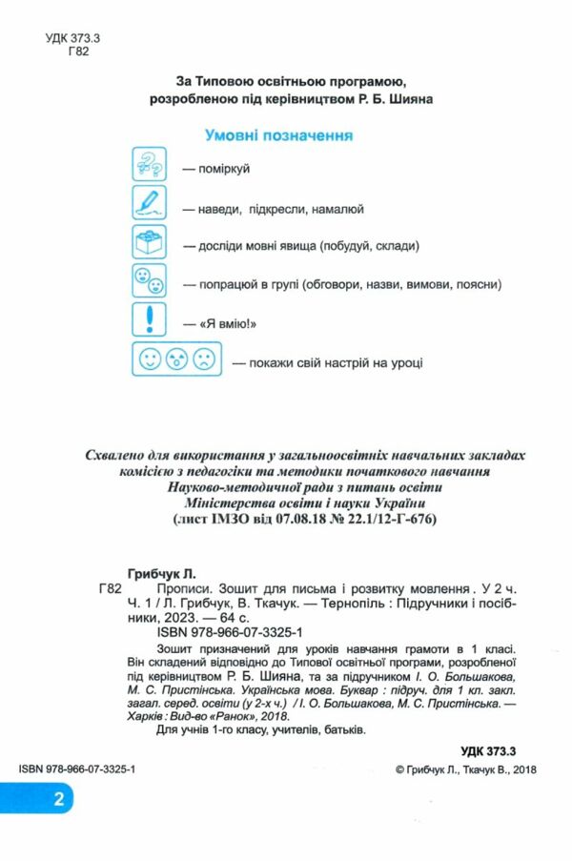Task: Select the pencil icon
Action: (x=149, y=206)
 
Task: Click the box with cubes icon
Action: (x=149, y=245)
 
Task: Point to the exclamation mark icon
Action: (x=149, y=322)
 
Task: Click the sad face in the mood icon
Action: (x=202, y=360)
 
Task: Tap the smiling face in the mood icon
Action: (x=150, y=360)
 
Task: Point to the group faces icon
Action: (x=149, y=283)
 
